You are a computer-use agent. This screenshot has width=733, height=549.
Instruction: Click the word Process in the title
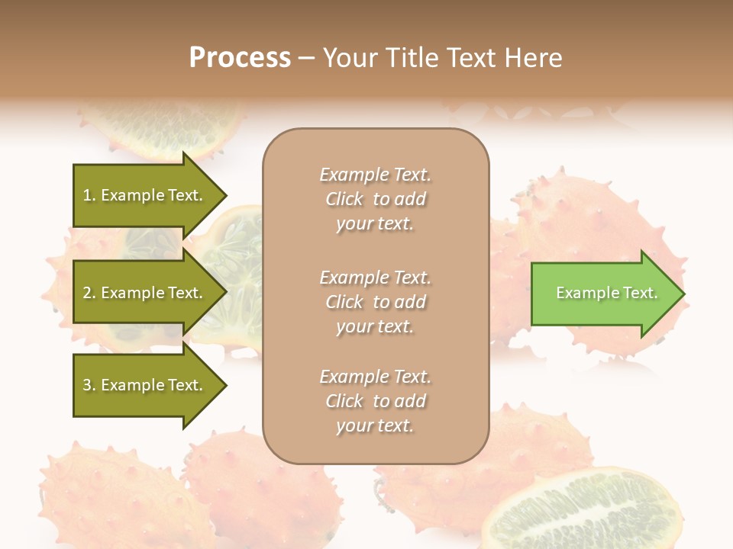tap(240, 58)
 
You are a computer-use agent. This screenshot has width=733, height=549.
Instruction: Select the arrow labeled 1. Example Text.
tap(145, 195)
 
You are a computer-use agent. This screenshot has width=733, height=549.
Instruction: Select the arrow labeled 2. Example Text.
tap(145, 293)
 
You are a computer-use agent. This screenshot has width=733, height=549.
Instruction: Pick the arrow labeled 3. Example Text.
tap(145, 385)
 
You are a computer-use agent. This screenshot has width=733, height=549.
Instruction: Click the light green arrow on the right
tap(603, 294)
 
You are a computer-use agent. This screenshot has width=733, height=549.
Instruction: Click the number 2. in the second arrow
tap(89, 293)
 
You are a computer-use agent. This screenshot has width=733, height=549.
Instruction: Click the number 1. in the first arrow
tap(89, 195)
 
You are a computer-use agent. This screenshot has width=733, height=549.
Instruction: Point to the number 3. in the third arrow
tap(89, 385)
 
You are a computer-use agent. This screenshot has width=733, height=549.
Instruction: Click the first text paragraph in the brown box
tap(375, 199)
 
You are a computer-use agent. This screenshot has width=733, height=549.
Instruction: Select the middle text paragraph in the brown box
tap(375, 302)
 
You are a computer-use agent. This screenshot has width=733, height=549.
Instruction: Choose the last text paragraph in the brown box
tap(375, 401)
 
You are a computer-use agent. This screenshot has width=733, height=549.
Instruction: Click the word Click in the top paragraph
tap(344, 199)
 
